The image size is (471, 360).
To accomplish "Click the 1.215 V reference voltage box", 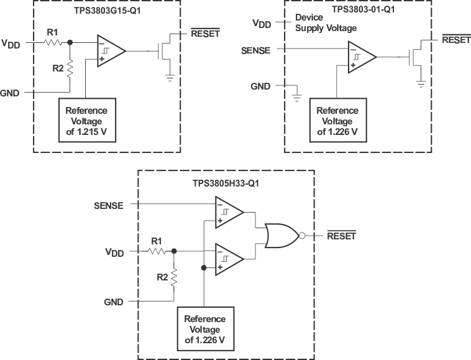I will pyautogui.click(x=87, y=118).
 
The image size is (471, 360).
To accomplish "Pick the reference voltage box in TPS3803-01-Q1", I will pyautogui.click(x=337, y=120).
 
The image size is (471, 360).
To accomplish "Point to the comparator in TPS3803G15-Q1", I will pyautogui.click(x=110, y=51).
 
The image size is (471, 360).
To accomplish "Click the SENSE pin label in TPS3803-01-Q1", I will pyautogui.click(x=255, y=50).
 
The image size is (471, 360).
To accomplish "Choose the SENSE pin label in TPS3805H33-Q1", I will pyautogui.click(x=108, y=205).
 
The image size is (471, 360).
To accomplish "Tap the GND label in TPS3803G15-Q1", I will pyautogui.click(x=11, y=93).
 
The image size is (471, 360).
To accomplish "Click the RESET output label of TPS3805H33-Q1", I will pyautogui.click(x=341, y=236).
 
